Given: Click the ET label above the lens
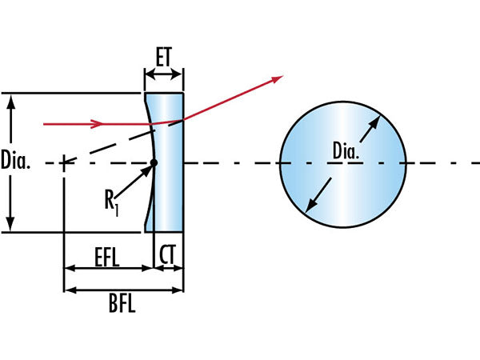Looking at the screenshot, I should pyautogui.click(x=163, y=58).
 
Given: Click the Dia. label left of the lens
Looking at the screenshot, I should pyautogui.click(x=16, y=162).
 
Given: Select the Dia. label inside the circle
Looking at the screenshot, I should pyautogui.click(x=345, y=149).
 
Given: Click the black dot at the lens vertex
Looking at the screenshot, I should pyautogui.click(x=154, y=163).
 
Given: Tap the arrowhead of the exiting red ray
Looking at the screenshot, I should pyautogui.click(x=278, y=78).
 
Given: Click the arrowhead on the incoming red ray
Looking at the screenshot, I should pyautogui.click(x=98, y=124).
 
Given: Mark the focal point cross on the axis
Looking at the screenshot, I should pyautogui.click(x=64, y=163).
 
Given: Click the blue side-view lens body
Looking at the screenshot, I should pyautogui.click(x=170, y=192).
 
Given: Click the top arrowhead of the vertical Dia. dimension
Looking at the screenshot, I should pyautogui.click(x=10, y=99).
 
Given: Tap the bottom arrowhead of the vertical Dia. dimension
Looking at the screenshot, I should pyautogui.click(x=10, y=226).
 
